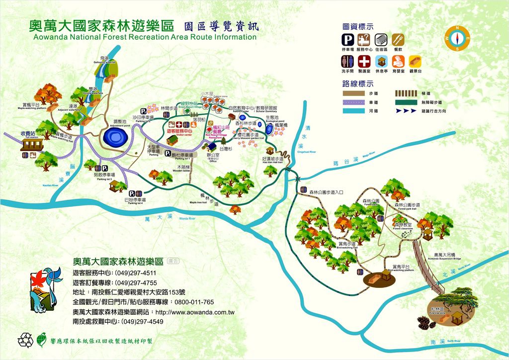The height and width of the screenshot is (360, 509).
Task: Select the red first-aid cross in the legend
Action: [365, 62]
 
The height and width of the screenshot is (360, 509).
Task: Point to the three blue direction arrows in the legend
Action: [409, 111]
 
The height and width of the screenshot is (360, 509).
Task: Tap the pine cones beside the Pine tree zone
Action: [424, 323]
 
